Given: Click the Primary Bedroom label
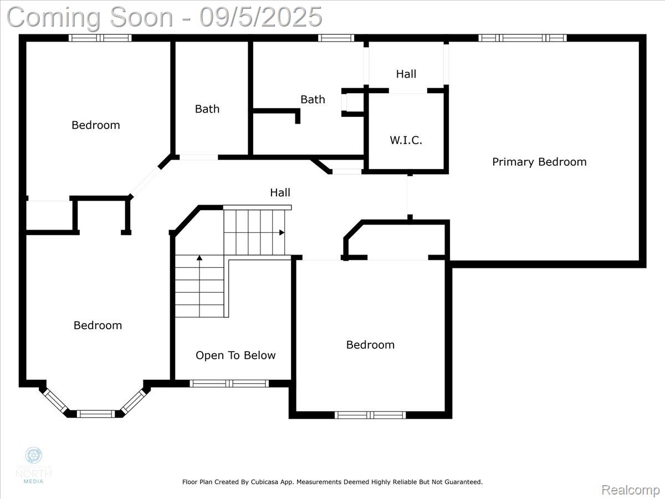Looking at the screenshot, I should coord(539,162).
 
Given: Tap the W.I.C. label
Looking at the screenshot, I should coord(406,140).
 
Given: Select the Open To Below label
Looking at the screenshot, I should coord(236,355).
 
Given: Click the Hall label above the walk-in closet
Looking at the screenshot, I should coord(406,74).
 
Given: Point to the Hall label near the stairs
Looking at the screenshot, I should coord(280,192).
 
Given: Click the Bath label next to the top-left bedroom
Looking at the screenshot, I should coord(207,109).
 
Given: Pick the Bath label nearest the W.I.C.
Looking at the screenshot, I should coord(313,100).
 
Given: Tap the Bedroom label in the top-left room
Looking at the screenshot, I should coord(95,125).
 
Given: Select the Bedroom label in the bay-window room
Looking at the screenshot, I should coord(98,325).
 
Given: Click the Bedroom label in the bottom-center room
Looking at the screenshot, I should coord(370,345).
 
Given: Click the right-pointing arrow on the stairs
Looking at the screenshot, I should coord(282,232).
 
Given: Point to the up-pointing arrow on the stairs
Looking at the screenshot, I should coord(199,258).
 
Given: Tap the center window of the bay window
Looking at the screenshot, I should coord(95,414).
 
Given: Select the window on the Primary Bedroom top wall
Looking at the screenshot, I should coord(522,38).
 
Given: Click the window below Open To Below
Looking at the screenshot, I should coord(229,383).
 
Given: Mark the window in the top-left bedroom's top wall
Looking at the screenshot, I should coord(100,38).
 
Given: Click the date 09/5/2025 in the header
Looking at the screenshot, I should coord(261,17).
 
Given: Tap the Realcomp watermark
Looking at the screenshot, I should coord(631,490).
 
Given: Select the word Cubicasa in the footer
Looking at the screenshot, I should coord(263,482).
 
